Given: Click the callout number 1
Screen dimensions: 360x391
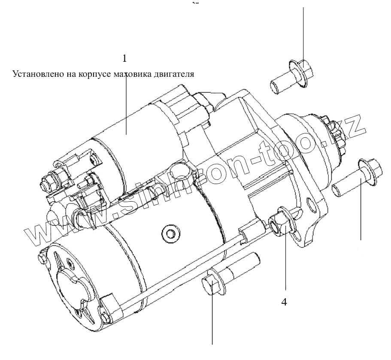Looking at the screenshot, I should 125,58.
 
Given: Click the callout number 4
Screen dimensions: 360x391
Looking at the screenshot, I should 284,302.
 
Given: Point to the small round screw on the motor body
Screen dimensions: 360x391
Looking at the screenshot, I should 170,233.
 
